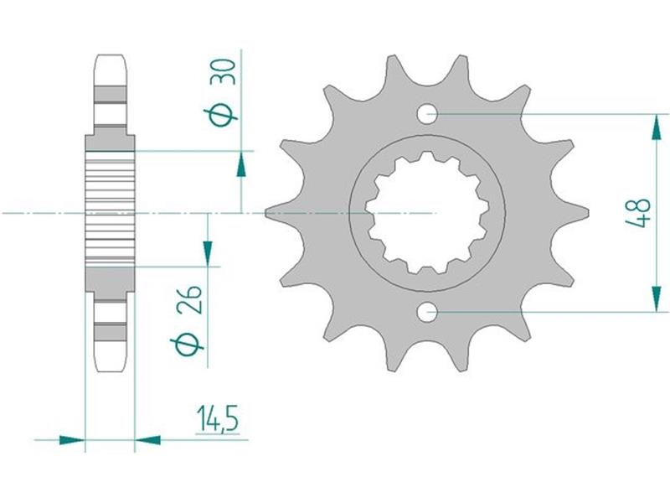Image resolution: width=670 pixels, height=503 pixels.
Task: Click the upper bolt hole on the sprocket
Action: pos(427,114)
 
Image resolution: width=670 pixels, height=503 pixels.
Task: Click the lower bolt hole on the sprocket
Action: pos(427,312)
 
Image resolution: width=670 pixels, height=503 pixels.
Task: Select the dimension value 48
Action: pos(638,213)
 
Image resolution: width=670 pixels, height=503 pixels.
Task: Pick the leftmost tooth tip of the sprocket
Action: pos(265,213)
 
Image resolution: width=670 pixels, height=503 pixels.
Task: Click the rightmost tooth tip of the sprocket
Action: pos(588,213)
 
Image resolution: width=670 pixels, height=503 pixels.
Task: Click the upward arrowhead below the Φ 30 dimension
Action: pos(241,164)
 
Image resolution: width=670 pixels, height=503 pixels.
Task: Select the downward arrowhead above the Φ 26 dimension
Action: pos(208,253)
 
